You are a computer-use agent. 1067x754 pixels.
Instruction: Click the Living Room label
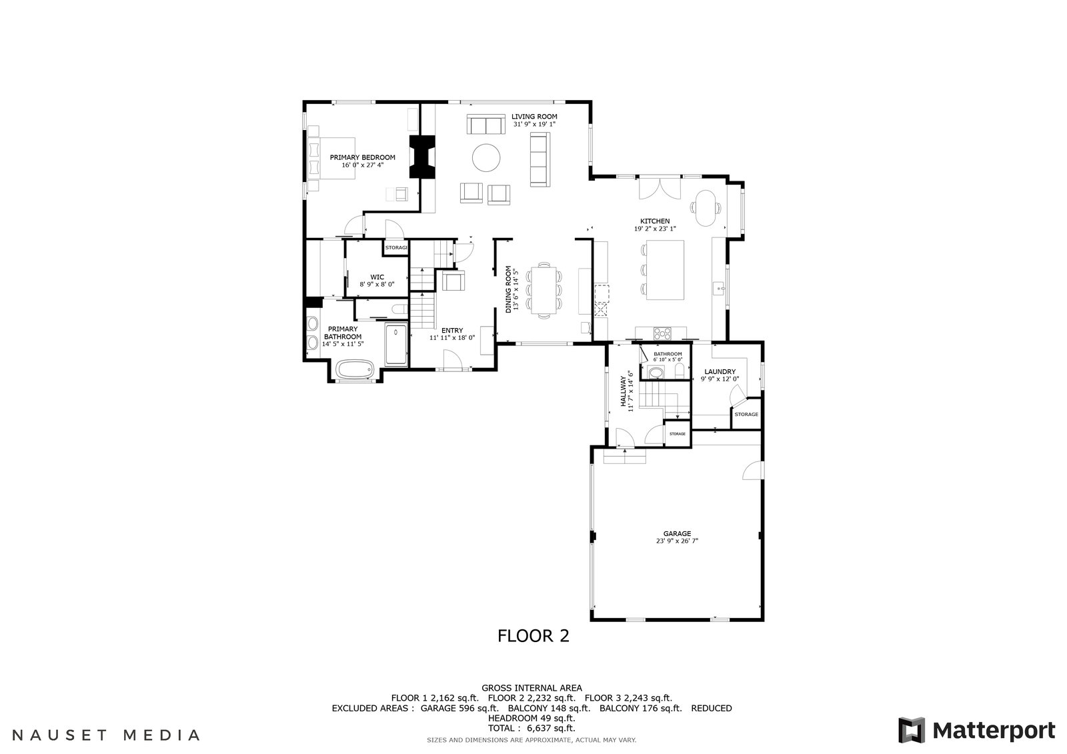[534, 117]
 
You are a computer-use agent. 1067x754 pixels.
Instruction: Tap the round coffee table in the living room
[486, 157]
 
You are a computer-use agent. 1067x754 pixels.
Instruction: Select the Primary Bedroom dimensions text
[363, 165]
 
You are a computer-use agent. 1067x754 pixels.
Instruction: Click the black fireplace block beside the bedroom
[423, 157]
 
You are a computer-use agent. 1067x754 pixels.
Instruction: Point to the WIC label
[377, 277]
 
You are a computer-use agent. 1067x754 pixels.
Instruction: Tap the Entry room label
[452, 331]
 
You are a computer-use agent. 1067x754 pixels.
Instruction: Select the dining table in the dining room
[544, 289]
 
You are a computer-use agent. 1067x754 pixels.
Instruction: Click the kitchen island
[665, 270]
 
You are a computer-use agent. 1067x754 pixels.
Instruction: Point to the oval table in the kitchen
[706, 208]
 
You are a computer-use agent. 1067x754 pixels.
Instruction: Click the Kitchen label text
[655, 221]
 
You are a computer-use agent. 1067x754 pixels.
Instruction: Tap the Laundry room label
[720, 371]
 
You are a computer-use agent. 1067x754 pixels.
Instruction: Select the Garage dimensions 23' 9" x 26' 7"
[677, 541]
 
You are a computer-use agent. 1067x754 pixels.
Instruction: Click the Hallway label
[623, 391]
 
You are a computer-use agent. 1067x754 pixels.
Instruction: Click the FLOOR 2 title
[533, 636]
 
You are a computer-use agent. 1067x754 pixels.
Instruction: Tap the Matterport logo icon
[912, 730]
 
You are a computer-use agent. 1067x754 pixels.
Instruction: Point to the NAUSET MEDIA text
[106, 735]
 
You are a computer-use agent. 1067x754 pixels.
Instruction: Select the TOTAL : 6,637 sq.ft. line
[531, 728]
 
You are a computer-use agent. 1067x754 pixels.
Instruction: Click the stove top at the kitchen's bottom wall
[662, 333]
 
